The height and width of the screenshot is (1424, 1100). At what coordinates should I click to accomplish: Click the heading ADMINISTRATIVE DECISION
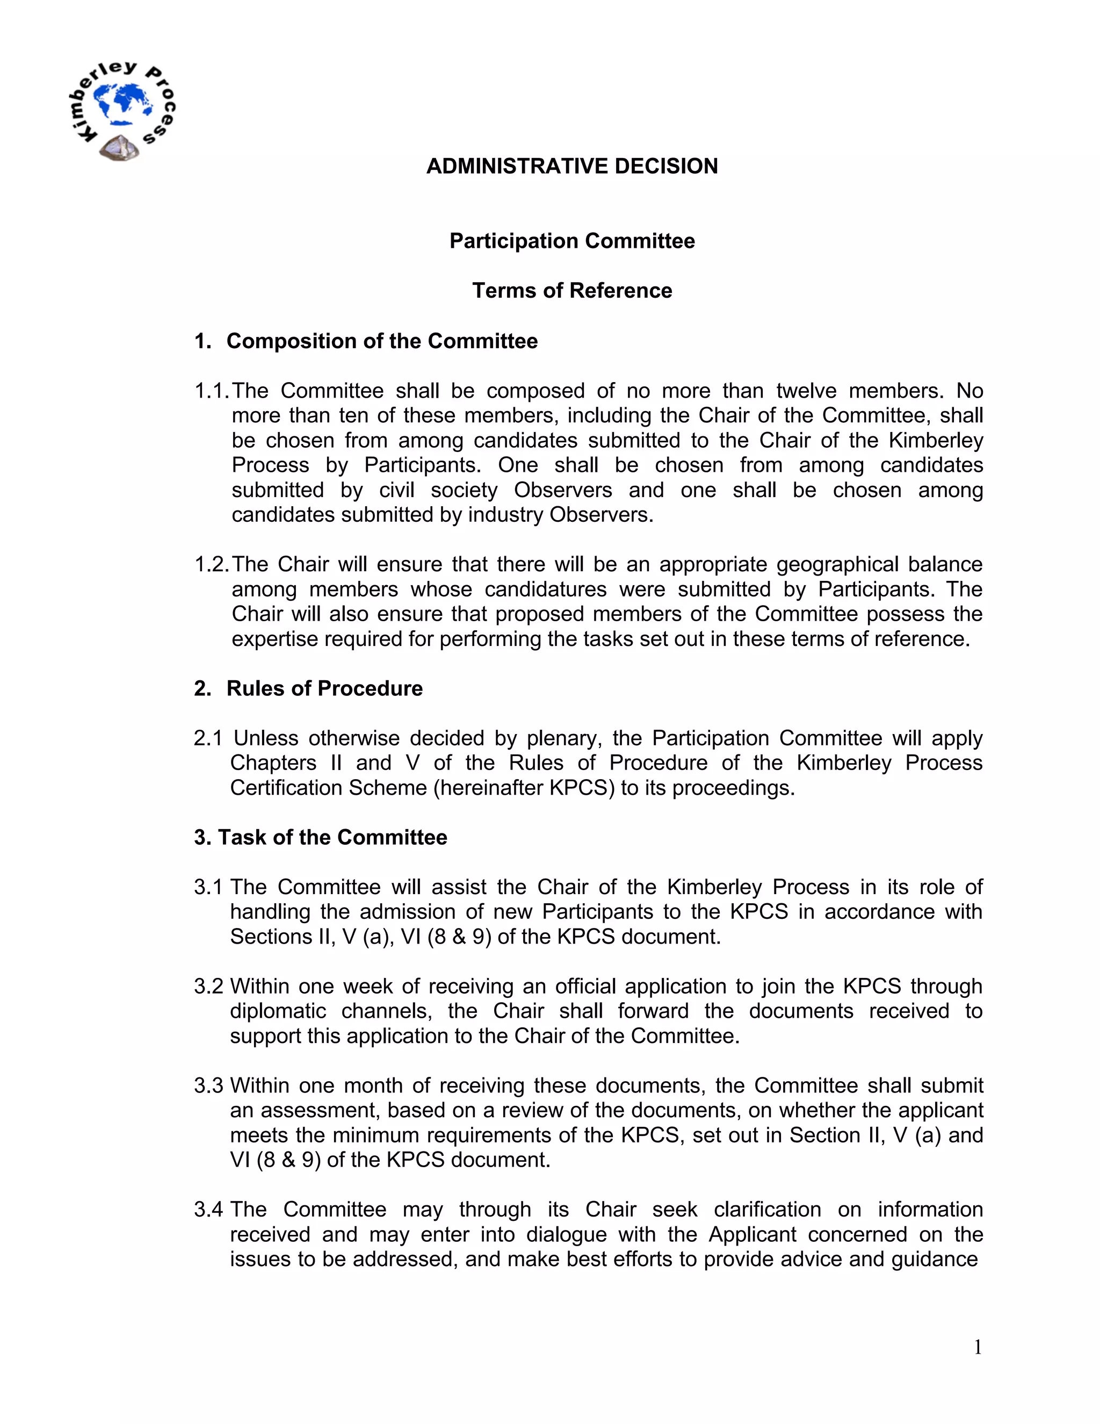point(571,166)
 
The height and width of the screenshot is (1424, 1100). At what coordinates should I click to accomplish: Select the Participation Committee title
point(571,241)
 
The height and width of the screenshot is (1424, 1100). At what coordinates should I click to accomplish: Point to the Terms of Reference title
point(571,291)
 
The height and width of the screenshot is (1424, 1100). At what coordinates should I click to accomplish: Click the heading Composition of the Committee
point(381,341)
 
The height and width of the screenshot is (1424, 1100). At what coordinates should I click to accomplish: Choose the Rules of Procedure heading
point(324,688)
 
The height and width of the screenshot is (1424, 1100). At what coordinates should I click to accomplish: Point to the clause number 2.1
point(208,738)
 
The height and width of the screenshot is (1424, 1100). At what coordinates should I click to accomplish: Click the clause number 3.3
point(208,1085)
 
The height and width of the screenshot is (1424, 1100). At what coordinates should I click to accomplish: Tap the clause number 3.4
point(208,1210)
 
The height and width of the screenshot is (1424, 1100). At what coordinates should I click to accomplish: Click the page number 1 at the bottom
point(978,1347)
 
